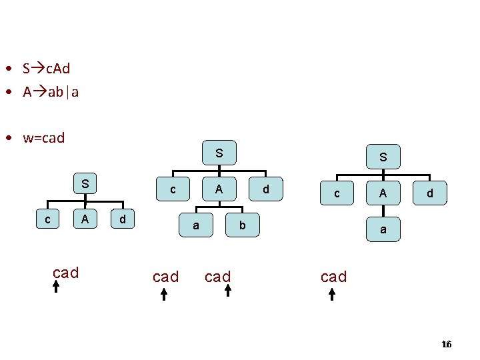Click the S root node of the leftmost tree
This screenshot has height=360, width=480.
click(x=85, y=183)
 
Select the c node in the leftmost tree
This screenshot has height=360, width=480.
click(x=47, y=218)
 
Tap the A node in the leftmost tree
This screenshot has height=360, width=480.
click(x=85, y=218)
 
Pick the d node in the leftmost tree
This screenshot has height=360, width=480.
click(x=122, y=218)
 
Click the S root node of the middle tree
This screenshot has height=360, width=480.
click(x=219, y=154)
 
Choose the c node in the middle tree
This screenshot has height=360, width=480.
click(x=173, y=189)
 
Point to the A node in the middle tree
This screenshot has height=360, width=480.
click(x=219, y=189)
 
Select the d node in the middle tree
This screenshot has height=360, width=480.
click(x=265, y=189)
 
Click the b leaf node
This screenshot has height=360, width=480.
click(x=242, y=225)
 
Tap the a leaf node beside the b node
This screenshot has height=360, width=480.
click(x=195, y=225)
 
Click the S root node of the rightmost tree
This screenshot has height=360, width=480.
click(x=383, y=157)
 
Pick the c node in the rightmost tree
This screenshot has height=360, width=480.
click(x=337, y=193)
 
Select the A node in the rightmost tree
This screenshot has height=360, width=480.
click(x=383, y=193)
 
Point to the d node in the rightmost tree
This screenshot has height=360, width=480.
click(x=429, y=193)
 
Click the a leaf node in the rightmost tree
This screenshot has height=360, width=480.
click(x=383, y=229)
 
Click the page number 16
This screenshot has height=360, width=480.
click(x=446, y=344)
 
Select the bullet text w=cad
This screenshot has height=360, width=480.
click(x=43, y=138)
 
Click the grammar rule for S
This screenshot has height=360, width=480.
click(x=46, y=69)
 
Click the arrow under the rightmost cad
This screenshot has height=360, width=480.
click(x=333, y=294)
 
